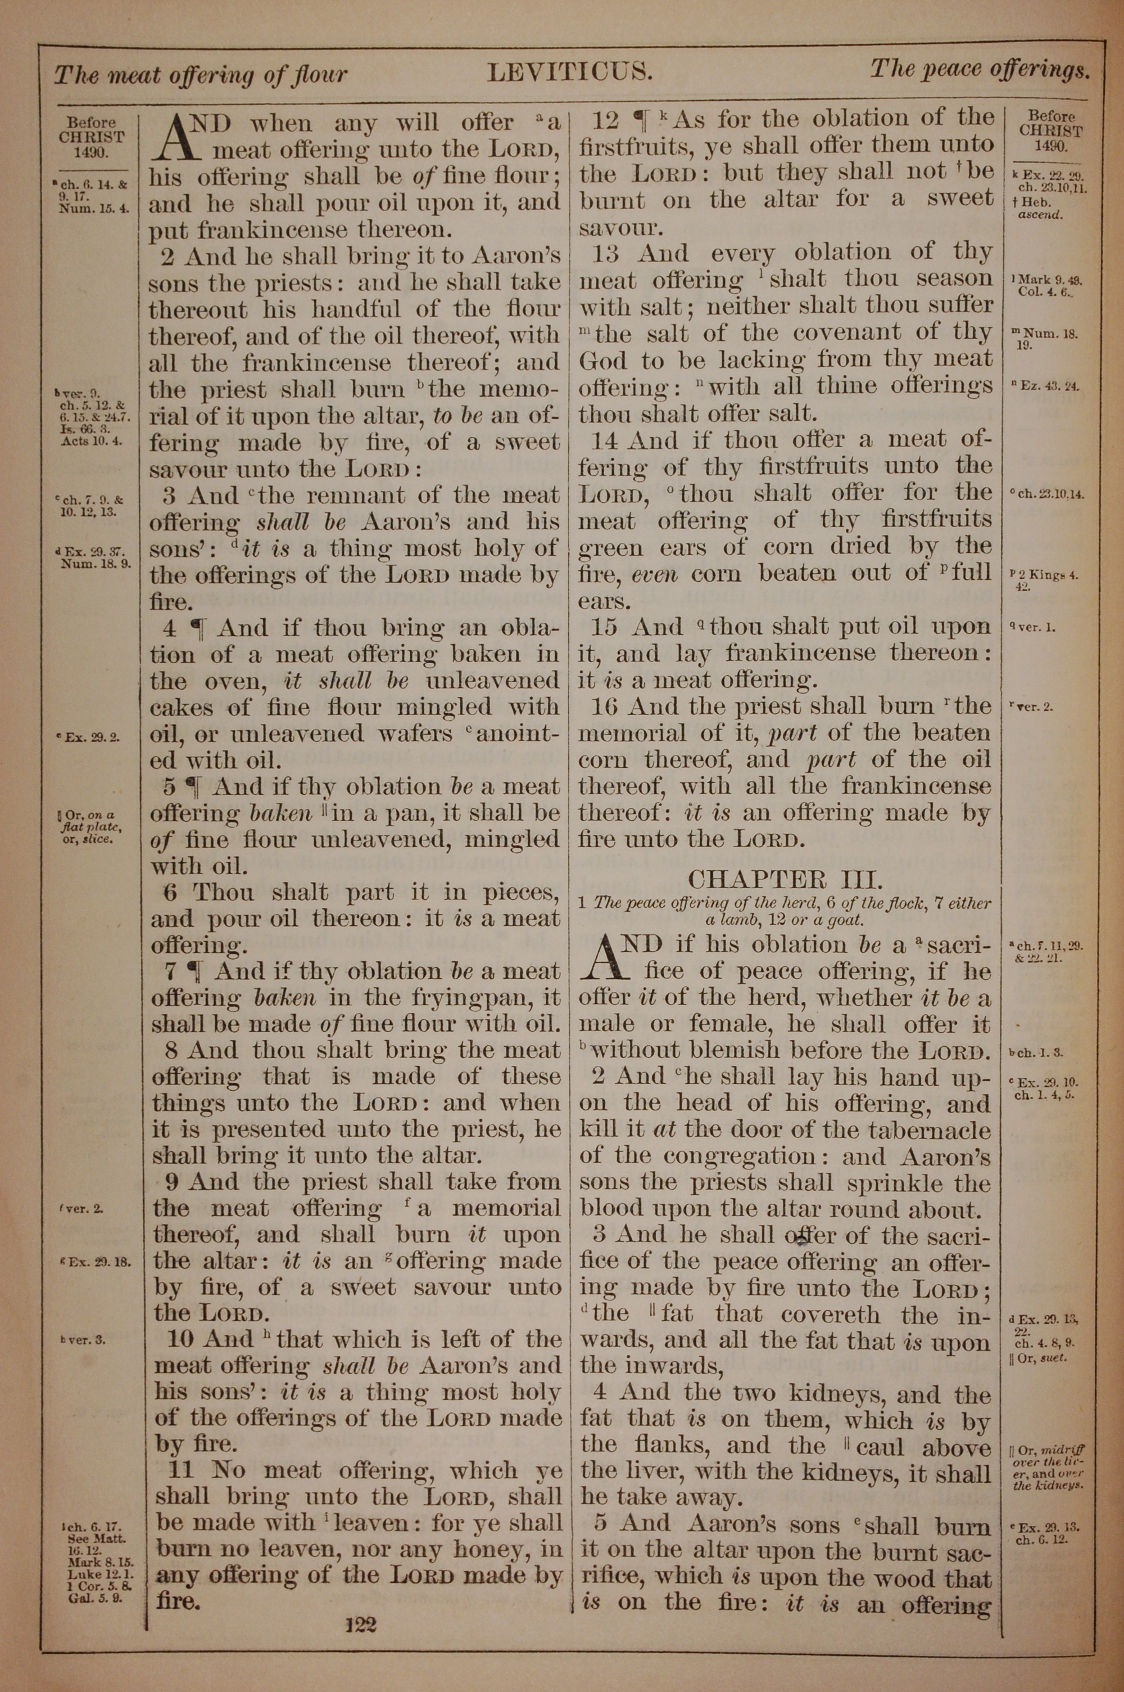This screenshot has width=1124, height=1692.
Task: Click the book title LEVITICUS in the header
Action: (x=569, y=72)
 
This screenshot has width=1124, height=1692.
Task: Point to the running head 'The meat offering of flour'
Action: (x=201, y=74)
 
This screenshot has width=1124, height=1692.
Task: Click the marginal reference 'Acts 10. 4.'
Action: (x=92, y=440)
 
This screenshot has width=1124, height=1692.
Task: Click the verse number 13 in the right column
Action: (x=606, y=253)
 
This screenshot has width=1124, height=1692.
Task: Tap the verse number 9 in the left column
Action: (x=173, y=1181)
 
